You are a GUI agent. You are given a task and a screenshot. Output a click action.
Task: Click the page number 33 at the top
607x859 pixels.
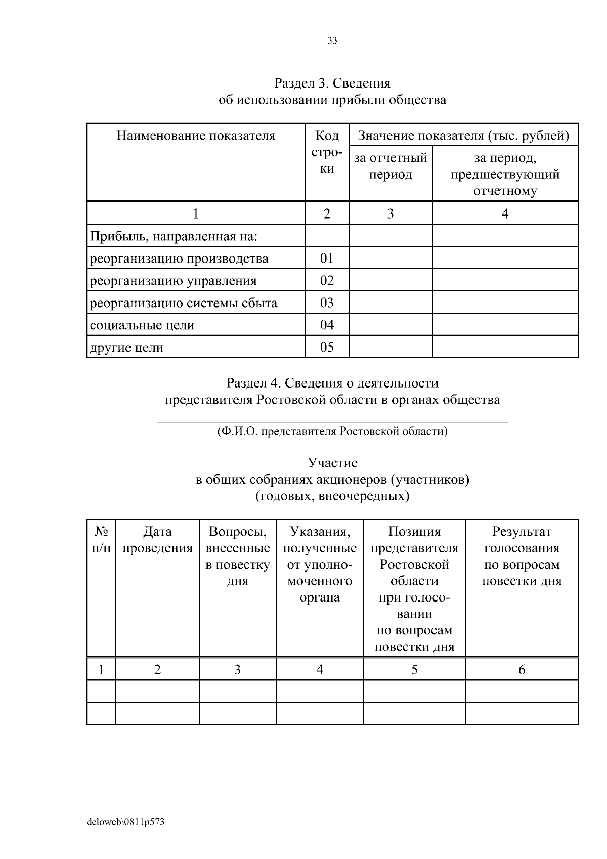pyautogui.click(x=332, y=41)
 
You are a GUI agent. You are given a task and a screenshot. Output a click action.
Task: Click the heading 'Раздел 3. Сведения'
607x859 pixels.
pyautogui.click(x=332, y=82)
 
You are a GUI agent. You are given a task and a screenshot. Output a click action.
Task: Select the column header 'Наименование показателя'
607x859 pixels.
pyautogui.click(x=196, y=136)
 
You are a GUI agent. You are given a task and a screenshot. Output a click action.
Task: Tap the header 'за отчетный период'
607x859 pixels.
pyautogui.click(x=390, y=166)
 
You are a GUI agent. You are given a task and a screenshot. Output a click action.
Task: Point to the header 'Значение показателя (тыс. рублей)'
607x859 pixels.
pyautogui.click(x=463, y=136)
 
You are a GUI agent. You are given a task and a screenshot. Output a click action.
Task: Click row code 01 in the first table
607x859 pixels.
pyautogui.click(x=327, y=259)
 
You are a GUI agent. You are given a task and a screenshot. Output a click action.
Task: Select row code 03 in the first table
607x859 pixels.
pyautogui.click(x=327, y=303)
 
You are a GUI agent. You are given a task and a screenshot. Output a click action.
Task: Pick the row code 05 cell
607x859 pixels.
pyautogui.click(x=327, y=347)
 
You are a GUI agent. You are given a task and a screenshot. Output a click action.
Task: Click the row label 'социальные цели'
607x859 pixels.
pyautogui.click(x=142, y=325)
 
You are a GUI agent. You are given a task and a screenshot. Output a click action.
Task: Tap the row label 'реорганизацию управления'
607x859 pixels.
pyautogui.click(x=173, y=281)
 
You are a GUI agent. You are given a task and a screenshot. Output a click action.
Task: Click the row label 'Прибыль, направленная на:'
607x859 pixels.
pyautogui.click(x=174, y=236)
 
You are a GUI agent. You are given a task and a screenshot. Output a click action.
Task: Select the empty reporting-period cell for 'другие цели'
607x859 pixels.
pyautogui.click(x=390, y=347)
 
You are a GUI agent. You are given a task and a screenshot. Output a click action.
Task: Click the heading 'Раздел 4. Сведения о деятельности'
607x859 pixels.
pyautogui.click(x=332, y=383)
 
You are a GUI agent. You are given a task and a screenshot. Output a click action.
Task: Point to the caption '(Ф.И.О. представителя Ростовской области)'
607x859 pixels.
pyautogui.click(x=332, y=432)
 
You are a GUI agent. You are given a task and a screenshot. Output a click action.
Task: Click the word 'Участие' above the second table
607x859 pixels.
pyautogui.click(x=332, y=463)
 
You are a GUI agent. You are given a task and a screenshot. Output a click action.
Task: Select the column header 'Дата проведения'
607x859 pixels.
pyautogui.click(x=157, y=540)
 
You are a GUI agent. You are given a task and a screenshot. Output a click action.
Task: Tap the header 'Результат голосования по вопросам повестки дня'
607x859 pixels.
pyautogui.click(x=522, y=556)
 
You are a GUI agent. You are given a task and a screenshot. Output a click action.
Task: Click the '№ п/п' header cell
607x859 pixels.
pyautogui.click(x=101, y=540)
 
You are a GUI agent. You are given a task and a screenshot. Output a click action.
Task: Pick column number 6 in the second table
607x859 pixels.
pyautogui.click(x=522, y=670)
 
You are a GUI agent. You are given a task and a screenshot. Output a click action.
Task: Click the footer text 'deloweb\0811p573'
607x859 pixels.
pyautogui.click(x=125, y=822)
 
